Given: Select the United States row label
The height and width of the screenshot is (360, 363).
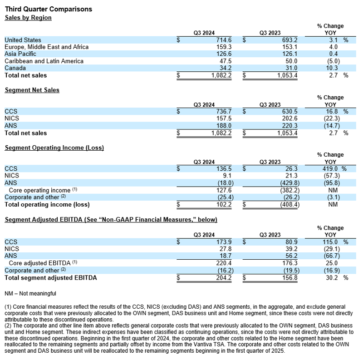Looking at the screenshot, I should pyautogui.click(x=23, y=40).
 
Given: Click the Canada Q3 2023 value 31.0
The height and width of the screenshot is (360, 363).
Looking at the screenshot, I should pyautogui.click(x=284, y=68).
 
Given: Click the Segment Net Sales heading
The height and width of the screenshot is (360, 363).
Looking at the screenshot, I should pyautogui.click(x=32, y=90).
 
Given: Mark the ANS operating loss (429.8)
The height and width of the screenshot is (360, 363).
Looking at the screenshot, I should pyautogui.click(x=280, y=183).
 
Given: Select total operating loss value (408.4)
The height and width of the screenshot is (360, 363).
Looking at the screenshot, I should pyautogui.click(x=280, y=204).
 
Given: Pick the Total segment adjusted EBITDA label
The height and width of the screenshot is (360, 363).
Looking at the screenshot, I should pyautogui.click(x=51, y=277).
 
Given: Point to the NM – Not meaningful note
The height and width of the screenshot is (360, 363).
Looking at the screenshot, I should pyautogui.click(x=30, y=294).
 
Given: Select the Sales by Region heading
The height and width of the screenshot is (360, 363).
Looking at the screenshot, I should pyautogui.click(x=28, y=18).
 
